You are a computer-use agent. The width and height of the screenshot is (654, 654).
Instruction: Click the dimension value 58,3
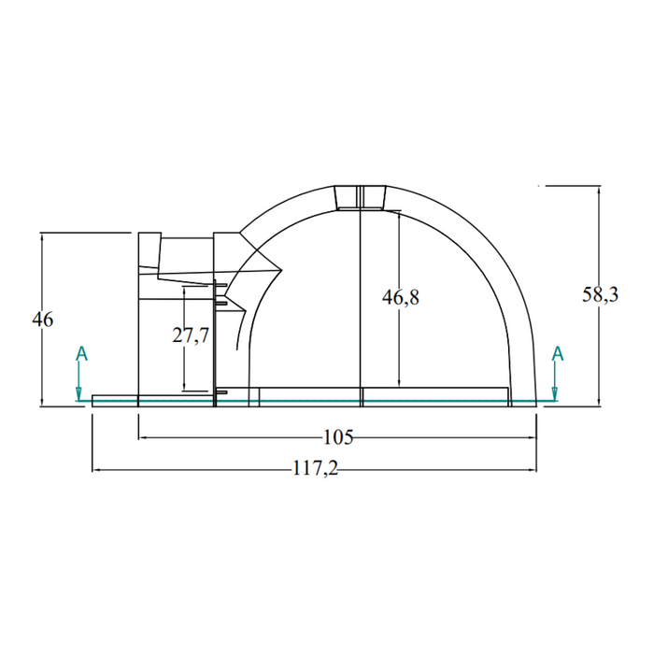click(600, 295)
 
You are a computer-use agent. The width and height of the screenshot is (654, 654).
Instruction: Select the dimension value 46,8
click(401, 297)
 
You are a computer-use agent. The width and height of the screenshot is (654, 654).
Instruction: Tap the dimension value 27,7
click(191, 334)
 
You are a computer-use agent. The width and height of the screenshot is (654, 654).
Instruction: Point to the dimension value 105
click(338, 437)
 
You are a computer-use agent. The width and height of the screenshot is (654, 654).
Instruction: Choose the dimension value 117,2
click(315, 469)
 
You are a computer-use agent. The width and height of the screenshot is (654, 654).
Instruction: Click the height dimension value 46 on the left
click(43, 320)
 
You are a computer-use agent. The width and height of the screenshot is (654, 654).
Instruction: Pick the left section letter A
click(82, 354)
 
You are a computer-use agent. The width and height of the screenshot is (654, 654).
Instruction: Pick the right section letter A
click(558, 354)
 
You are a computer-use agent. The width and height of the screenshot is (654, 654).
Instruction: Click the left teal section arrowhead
click(78, 393)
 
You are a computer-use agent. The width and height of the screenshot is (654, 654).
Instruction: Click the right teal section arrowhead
click(555, 393)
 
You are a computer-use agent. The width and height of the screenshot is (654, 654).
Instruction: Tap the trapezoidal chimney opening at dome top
click(361, 197)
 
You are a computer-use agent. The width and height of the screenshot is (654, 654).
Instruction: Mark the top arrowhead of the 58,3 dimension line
click(599, 191)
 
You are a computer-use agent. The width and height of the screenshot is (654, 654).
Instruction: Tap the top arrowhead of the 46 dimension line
click(42, 238)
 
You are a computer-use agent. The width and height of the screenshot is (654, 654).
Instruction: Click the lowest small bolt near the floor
click(221, 392)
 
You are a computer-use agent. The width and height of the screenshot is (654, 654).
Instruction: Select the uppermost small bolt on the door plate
click(221, 285)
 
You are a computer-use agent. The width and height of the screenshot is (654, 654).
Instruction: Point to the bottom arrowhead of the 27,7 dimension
click(183, 386)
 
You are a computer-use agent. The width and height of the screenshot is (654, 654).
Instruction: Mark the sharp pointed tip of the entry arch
click(282, 270)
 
